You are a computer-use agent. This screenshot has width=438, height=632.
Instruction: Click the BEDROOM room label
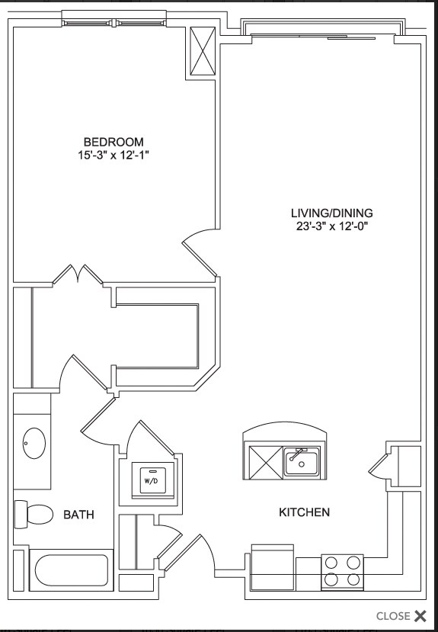[113, 142]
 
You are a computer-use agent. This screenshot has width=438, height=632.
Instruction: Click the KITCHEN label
[304, 512]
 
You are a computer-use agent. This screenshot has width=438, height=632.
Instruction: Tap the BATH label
[78, 515]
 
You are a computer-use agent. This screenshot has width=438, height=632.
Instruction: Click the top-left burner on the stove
[331, 563]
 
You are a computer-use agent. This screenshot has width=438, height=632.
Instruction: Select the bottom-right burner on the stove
[352, 580]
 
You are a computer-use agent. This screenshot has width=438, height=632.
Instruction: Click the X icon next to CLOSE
[420, 616]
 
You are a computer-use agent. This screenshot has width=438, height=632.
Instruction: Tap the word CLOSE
[393, 616]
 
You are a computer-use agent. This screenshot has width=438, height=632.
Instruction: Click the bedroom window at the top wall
[113, 18]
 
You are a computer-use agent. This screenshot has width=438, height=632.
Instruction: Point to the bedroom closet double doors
[79, 276]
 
